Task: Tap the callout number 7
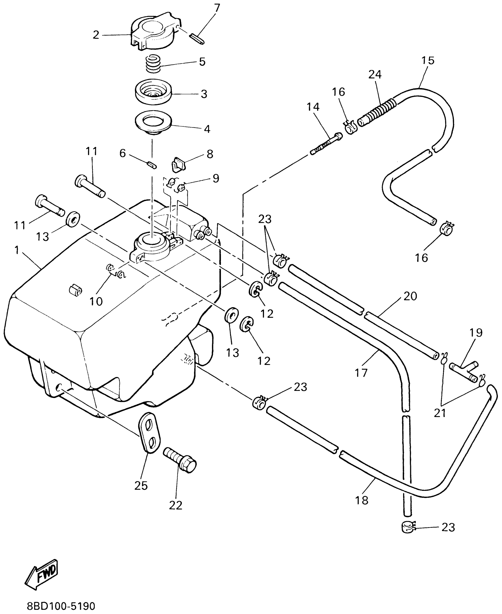pos(217,8)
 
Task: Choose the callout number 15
pos(428,60)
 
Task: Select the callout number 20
pos(410,296)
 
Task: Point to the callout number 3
pos(204,94)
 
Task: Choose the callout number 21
pos(440,413)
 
